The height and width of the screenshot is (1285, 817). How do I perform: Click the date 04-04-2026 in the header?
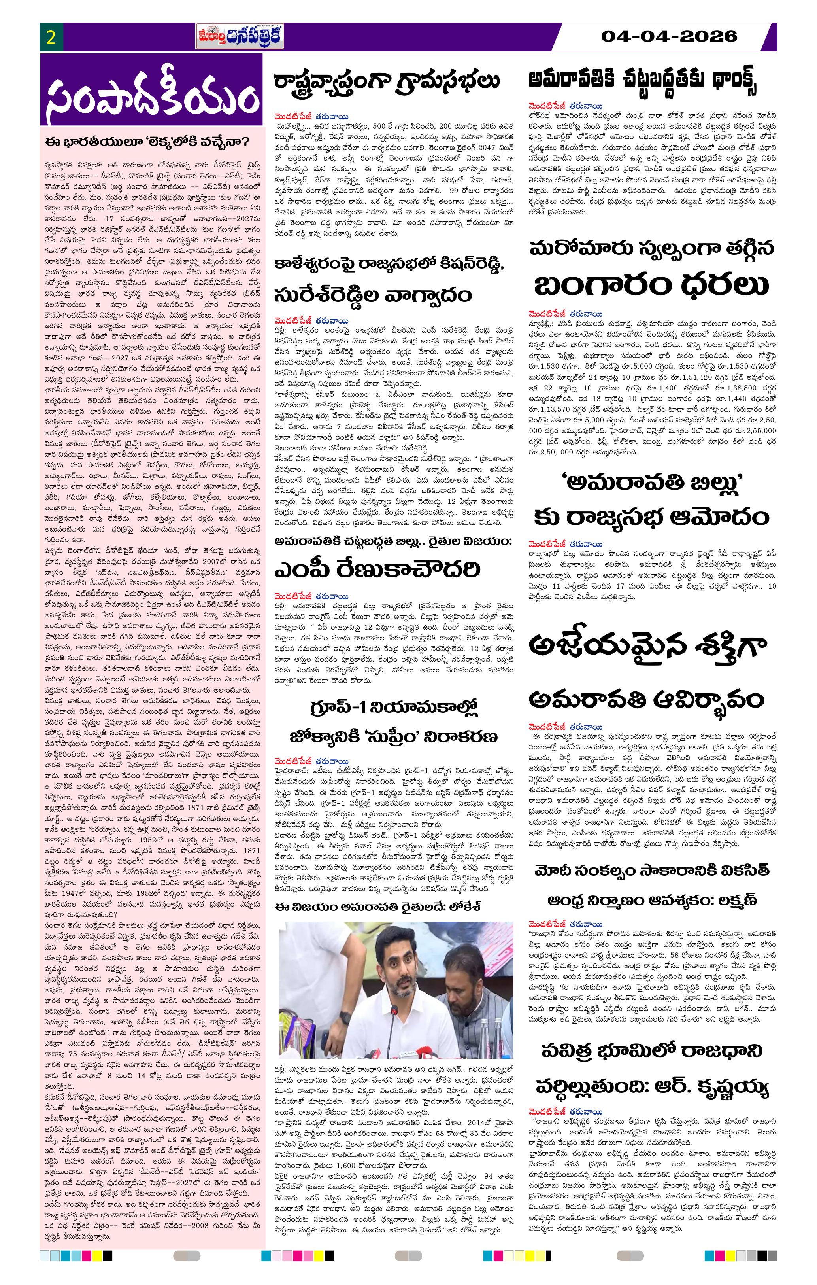point(669,36)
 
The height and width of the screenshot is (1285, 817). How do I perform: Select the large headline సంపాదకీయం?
point(152,96)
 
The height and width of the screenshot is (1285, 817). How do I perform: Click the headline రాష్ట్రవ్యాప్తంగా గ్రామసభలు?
point(387,81)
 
